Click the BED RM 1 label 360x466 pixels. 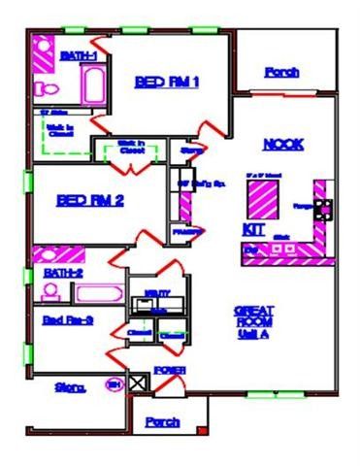(x=167, y=83)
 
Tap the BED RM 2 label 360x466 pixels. (x=90, y=201)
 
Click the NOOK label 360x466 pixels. (x=283, y=144)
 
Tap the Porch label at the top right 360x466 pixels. (x=281, y=72)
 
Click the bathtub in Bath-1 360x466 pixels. (x=94, y=86)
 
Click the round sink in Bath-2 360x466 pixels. (x=50, y=290)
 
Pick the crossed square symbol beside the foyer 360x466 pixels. (x=138, y=384)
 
